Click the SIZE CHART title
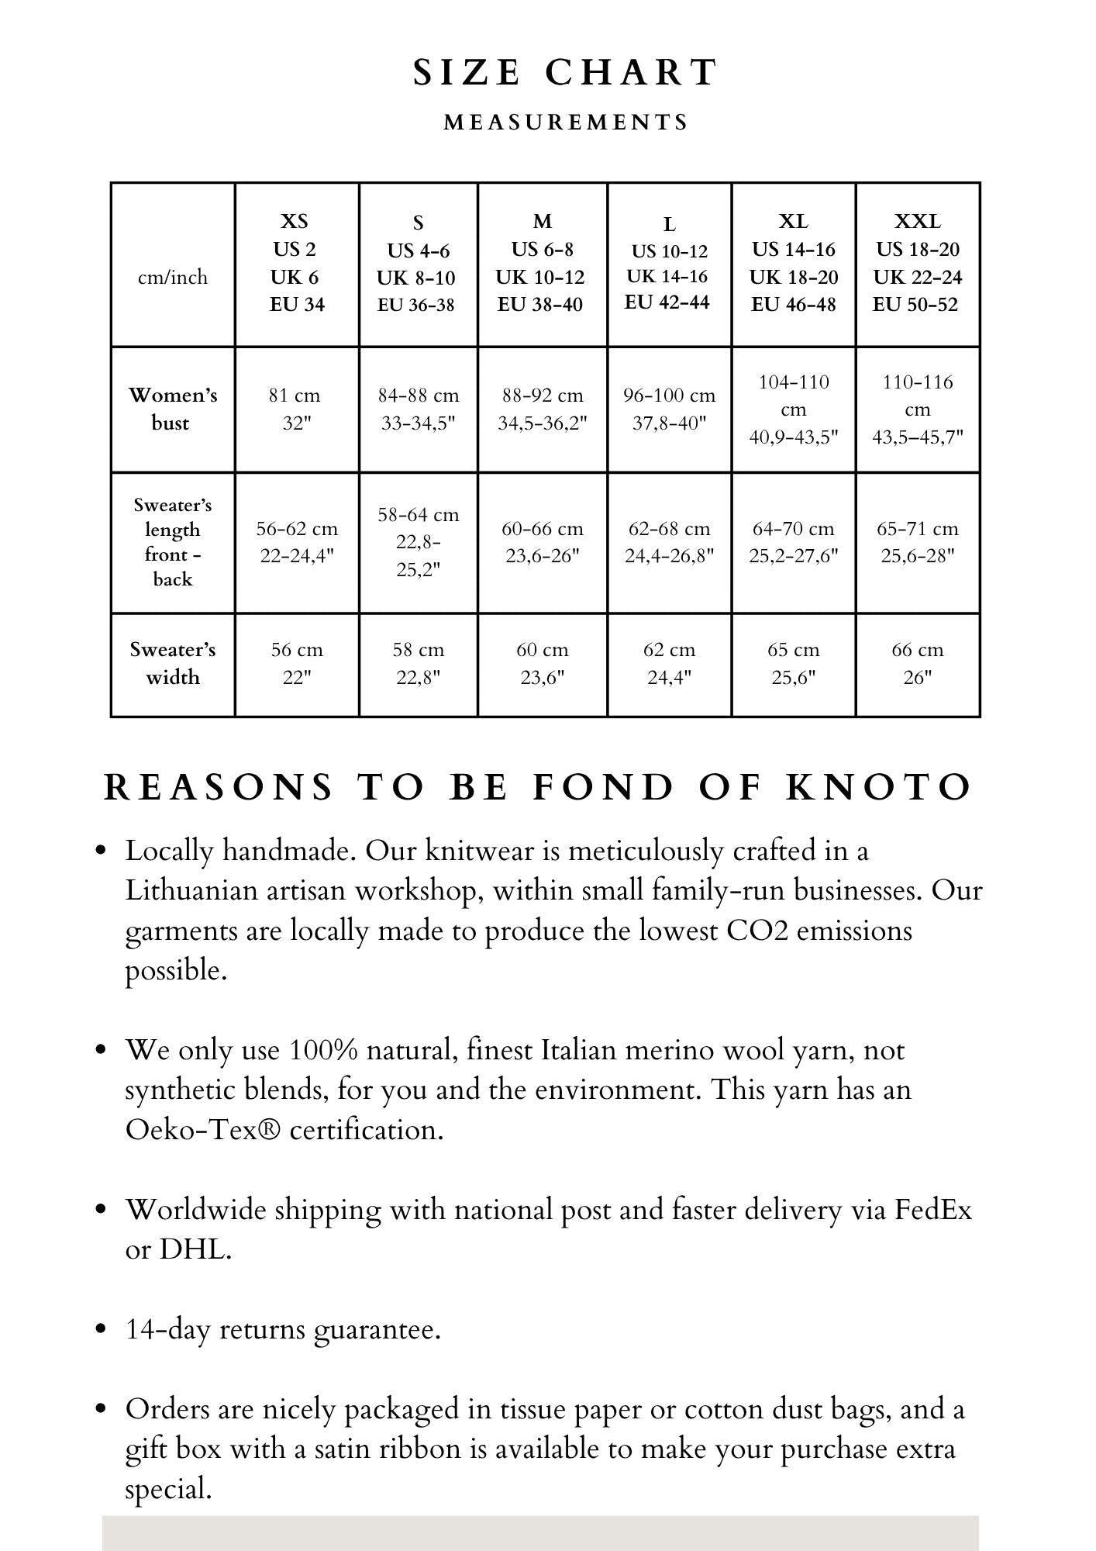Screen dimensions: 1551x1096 click(565, 73)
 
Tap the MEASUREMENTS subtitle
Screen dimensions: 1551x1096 click(566, 123)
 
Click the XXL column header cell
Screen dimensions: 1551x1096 click(917, 264)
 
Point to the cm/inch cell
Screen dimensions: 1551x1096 click(173, 277)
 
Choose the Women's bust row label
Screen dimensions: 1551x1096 click(172, 409)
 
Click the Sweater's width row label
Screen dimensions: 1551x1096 click(172, 663)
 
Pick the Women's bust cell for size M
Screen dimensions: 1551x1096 click(542, 409)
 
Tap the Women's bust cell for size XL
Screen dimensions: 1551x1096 click(793, 409)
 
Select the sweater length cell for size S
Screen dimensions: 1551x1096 click(418, 542)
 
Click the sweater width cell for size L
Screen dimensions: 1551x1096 click(669, 663)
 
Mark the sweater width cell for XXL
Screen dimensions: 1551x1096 click(917, 663)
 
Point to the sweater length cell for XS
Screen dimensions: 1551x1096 click(296, 542)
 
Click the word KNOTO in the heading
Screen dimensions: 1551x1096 click(878, 787)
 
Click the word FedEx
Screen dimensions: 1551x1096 click(933, 1210)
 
